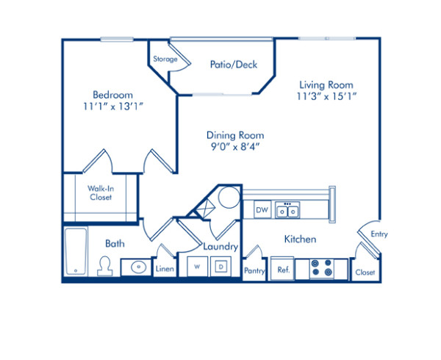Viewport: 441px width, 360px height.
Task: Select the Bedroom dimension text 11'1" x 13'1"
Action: coord(112,106)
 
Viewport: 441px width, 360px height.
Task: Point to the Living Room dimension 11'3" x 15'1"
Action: coord(326,96)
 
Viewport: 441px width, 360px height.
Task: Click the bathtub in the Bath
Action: coord(75,251)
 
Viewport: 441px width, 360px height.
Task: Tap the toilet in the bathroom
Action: coord(104,264)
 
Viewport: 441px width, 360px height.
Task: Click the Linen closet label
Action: coord(165,270)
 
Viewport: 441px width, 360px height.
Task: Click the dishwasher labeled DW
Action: coord(262,210)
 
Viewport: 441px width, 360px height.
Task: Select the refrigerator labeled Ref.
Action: coord(283,270)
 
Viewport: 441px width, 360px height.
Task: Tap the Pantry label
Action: coord(254,270)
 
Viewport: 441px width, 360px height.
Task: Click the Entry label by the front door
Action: coord(379,234)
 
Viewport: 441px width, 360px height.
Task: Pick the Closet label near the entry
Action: coord(365,272)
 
